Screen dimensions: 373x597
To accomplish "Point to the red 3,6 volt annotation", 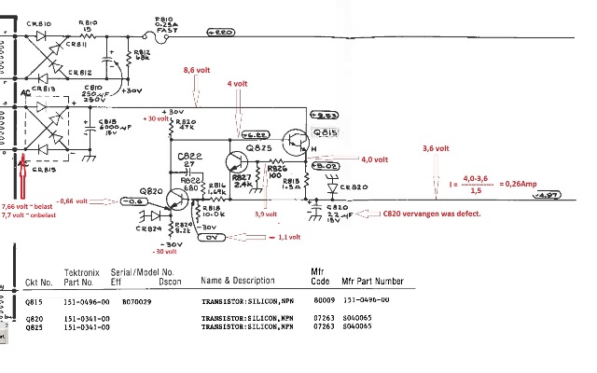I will (436, 147).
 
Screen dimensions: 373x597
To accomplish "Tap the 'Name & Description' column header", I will (238, 280).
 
